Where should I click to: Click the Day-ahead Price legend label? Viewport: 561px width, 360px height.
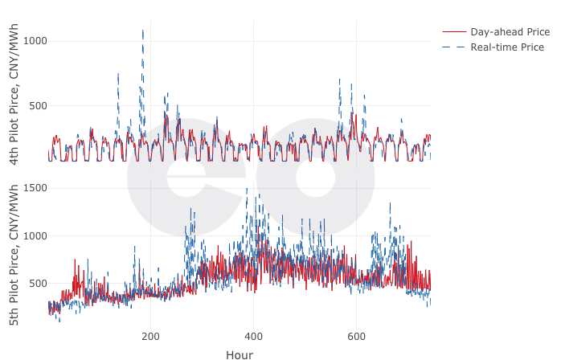510,32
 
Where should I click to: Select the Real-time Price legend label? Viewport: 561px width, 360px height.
507,47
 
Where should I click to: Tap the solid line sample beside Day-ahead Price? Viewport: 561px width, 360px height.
454,32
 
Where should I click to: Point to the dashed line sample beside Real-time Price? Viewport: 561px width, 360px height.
454,47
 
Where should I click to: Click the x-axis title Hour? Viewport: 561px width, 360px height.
240,354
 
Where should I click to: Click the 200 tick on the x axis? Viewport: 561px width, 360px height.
151,336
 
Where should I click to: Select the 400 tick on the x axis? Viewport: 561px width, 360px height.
254,336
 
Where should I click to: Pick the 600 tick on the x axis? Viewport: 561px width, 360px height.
357,336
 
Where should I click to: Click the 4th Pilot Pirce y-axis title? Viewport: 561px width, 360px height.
14,95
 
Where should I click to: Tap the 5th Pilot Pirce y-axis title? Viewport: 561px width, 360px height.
14,255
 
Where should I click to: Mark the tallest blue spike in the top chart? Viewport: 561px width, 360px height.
143,31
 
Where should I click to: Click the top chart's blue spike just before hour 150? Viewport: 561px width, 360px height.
118,75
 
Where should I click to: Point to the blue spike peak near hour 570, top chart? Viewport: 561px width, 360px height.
340,80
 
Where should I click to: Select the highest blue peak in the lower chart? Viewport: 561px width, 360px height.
258,195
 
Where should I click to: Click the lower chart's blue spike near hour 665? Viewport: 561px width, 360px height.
390,202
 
